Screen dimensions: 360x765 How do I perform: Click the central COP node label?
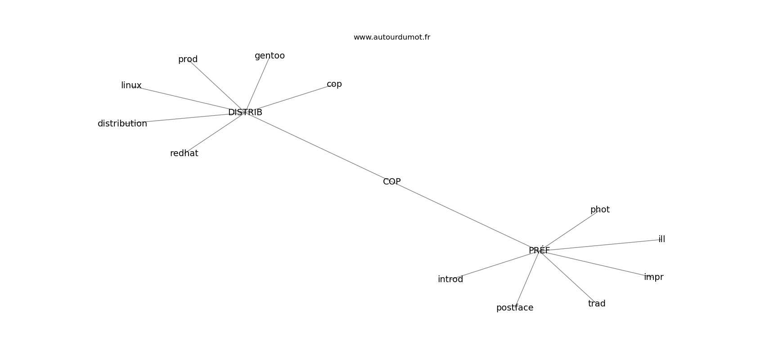391,182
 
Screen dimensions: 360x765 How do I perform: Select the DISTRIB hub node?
245,112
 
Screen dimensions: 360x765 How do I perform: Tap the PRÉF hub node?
539,251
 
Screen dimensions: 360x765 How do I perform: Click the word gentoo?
270,56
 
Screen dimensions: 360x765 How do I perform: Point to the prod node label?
188,59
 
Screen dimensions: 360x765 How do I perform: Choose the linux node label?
131,85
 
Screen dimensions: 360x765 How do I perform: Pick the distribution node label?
122,124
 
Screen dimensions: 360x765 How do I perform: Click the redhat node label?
184,153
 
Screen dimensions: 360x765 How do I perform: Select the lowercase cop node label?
334,84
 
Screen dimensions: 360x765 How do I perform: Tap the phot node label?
599,210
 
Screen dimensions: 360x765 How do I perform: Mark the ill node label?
661,239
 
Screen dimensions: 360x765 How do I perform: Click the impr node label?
653,277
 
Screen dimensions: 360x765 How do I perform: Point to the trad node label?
596,304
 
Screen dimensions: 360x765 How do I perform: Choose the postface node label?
514,308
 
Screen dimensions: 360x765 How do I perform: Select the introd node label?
450,279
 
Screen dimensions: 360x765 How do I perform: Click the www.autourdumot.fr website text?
391,37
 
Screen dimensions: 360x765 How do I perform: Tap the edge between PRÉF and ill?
603,245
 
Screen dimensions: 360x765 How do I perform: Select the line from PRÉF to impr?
594,264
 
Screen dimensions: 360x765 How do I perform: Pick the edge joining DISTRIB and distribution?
189,118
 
